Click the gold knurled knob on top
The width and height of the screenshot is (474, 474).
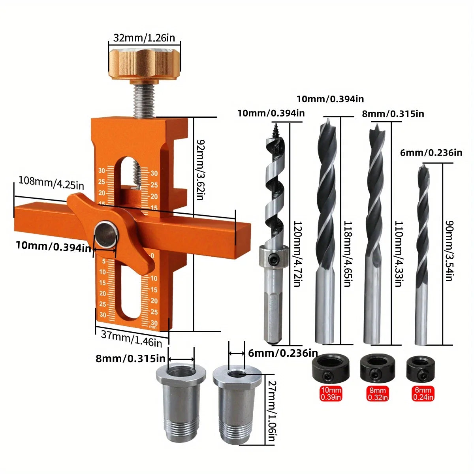(x=145, y=63)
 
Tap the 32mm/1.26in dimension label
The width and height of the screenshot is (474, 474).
(x=144, y=38)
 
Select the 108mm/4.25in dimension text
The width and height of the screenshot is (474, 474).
(x=51, y=183)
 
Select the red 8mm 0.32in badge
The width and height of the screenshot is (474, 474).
(x=378, y=393)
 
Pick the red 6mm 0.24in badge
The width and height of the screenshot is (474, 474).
(x=423, y=393)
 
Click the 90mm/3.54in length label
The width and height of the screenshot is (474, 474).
(x=449, y=251)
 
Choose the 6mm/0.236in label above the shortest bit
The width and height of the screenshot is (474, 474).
(x=431, y=152)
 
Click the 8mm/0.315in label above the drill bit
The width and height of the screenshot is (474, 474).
(x=393, y=114)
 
